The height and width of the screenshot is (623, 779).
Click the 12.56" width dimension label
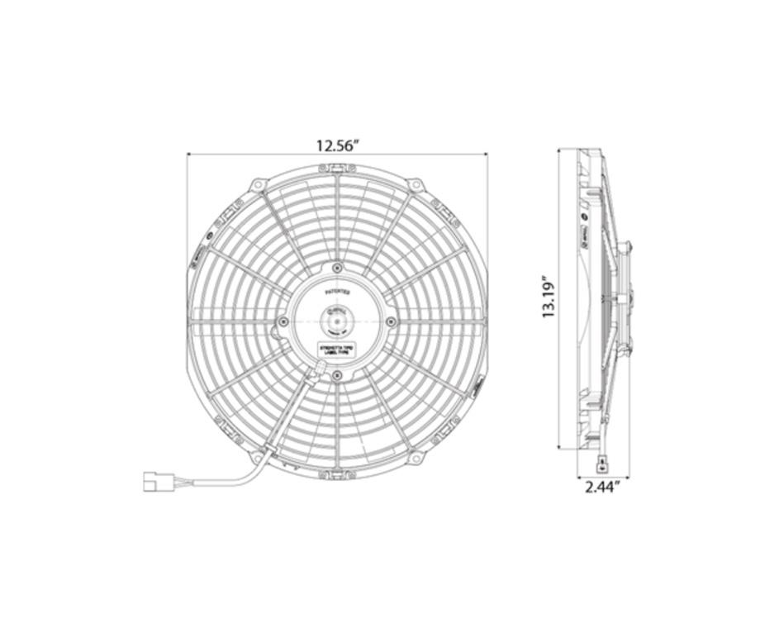(x=337, y=145)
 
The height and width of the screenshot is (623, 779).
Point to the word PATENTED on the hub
(x=337, y=292)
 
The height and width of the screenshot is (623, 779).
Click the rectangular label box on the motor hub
(x=336, y=350)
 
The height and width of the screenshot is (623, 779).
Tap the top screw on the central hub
(x=337, y=268)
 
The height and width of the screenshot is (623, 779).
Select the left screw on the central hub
(x=283, y=321)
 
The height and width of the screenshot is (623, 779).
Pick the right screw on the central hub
(x=391, y=321)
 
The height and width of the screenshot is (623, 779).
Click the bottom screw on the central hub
(x=337, y=375)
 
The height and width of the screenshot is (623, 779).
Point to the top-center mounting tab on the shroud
(x=337, y=169)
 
